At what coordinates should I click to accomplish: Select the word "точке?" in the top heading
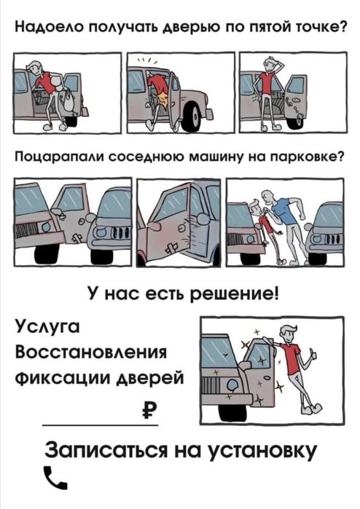point(318,28)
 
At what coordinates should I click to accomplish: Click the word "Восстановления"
point(92,352)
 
